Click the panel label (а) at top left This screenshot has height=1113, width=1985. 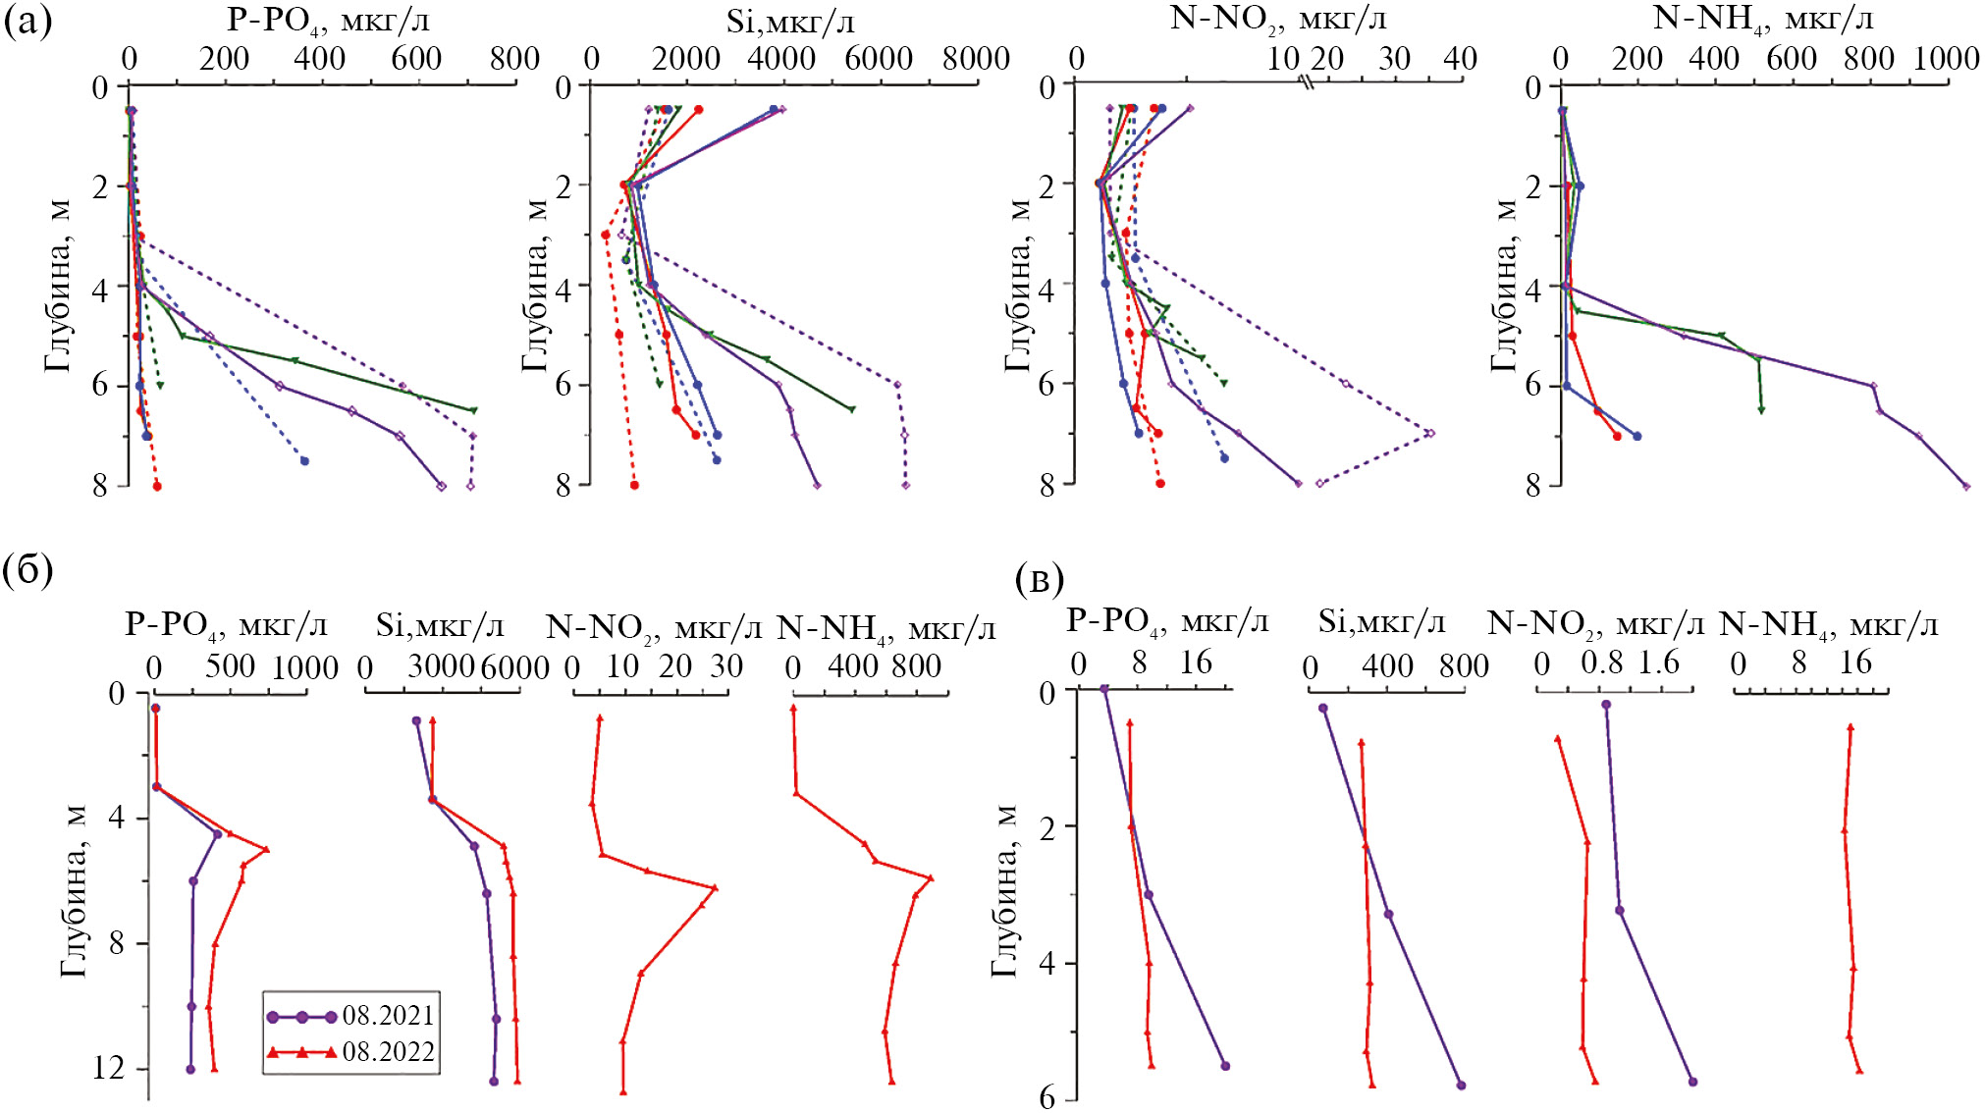coord(27,21)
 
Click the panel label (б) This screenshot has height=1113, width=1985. coord(27,569)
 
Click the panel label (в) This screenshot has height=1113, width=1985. coord(1040,579)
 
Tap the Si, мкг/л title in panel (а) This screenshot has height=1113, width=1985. coord(790,21)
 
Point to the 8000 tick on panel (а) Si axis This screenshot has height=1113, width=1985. coord(976,59)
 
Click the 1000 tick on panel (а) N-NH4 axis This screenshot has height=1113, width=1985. coord(1946,59)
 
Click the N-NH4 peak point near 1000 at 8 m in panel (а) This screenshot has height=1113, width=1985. coord(1965,486)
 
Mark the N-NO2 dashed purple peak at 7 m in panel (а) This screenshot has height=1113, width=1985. coord(1430,433)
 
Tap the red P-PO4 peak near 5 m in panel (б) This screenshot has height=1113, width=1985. coord(266,850)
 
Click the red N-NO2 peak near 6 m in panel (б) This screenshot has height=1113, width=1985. coord(715,887)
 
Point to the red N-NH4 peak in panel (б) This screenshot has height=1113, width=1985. coord(930,877)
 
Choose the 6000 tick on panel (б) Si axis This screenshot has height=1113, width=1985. coord(514,667)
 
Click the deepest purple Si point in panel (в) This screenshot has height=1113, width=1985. coord(1461,1085)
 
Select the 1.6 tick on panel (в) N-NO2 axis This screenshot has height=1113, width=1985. coord(1658,663)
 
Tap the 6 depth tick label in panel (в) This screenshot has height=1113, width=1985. coord(1047,1097)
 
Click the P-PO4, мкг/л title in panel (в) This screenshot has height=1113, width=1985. coord(1167,621)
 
